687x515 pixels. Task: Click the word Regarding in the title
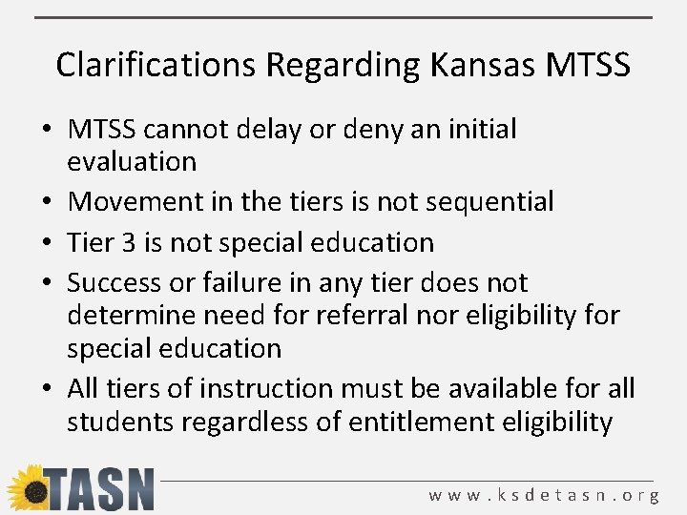click(340, 65)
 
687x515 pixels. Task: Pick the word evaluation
click(132, 161)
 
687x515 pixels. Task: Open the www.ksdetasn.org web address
click(544, 496)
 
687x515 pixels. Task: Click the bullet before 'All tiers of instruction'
click(47, 389)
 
